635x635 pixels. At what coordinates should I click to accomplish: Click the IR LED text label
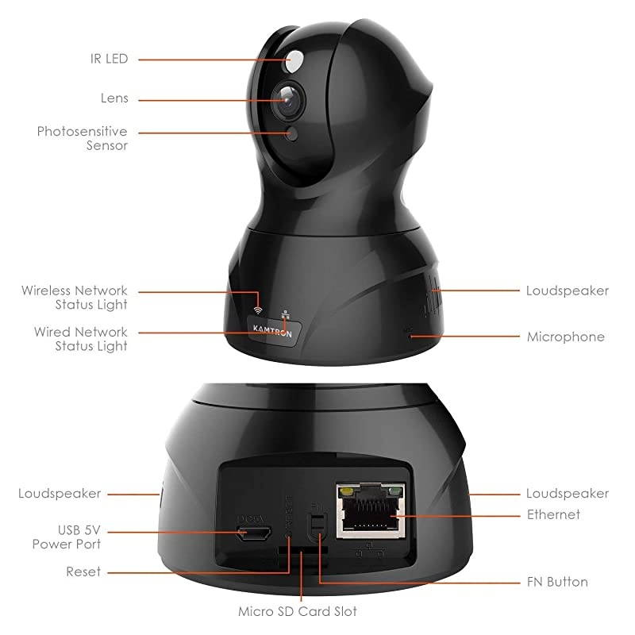[x=109, y=59]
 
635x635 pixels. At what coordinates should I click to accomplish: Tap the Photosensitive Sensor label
[x=82, y=138]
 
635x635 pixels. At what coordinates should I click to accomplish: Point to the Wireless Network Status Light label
[x=75, y=298]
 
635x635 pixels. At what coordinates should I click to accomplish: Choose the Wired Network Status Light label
[x=80, y=338]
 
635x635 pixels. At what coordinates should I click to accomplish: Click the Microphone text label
[x=565, y=337]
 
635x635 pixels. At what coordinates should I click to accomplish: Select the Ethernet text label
[x=553, y=514]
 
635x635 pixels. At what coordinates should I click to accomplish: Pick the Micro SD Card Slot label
[x=298, y=611]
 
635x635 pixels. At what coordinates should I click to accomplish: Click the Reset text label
[x=83, y=571]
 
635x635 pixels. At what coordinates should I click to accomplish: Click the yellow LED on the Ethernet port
[x=347, y=491]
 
